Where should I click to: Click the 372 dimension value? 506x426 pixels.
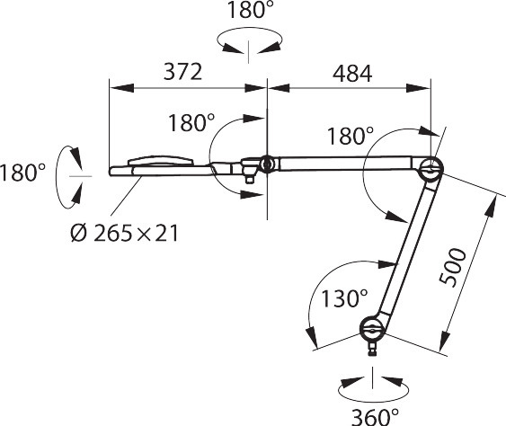tap(182, 72)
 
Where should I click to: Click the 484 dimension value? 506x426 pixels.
tap(352, 74)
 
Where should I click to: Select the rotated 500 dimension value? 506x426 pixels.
tap(453, 267)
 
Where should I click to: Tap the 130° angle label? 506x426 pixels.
tap(344, 297)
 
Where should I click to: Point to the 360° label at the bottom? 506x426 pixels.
tap(375, 417)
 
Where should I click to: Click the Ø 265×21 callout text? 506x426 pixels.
tap(124, 233)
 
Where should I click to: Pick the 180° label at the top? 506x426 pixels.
tap(251, 10)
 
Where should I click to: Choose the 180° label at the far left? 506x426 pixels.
tap(22, 173)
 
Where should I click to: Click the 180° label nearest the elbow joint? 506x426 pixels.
tap(351, 136)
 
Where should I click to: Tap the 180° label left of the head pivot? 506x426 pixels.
tap(191, 123)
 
